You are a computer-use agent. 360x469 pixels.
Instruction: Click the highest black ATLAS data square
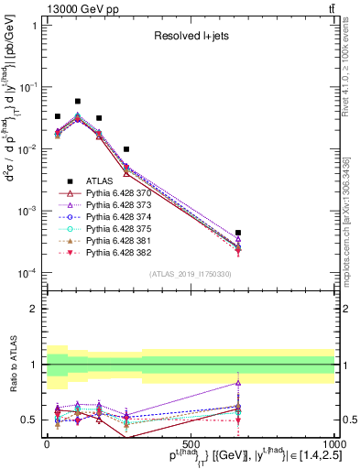78,102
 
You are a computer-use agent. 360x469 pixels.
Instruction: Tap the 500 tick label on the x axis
191,444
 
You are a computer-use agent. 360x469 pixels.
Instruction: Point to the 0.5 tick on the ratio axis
34,420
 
